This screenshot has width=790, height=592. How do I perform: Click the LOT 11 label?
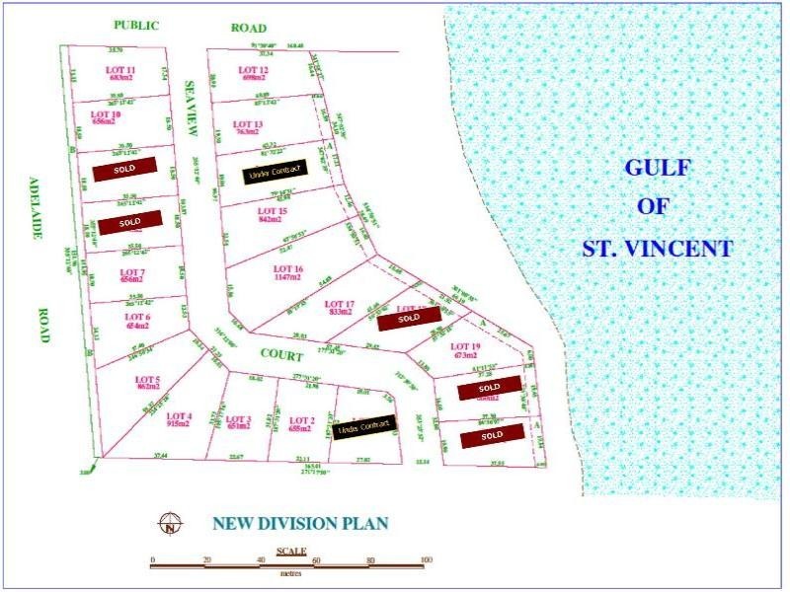120,70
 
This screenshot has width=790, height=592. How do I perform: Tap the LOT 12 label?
254,70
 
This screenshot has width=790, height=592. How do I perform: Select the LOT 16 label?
288,268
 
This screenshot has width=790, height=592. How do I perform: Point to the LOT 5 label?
147,380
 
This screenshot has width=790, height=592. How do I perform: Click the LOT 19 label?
464,346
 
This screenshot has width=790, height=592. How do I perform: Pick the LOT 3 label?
239,420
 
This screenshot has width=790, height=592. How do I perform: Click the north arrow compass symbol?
173,524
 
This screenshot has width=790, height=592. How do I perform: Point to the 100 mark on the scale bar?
426,560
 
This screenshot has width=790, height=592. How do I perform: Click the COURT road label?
280,352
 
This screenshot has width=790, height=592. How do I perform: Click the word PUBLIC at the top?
136,27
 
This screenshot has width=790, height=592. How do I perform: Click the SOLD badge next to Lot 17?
409,319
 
